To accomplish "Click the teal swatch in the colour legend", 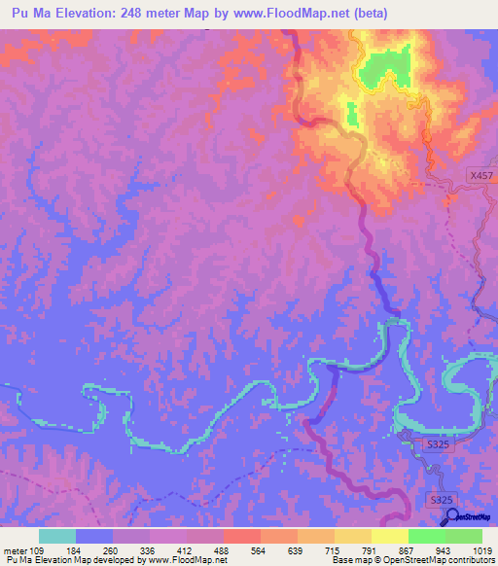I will point(57,536).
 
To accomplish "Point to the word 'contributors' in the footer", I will point(470,560).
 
